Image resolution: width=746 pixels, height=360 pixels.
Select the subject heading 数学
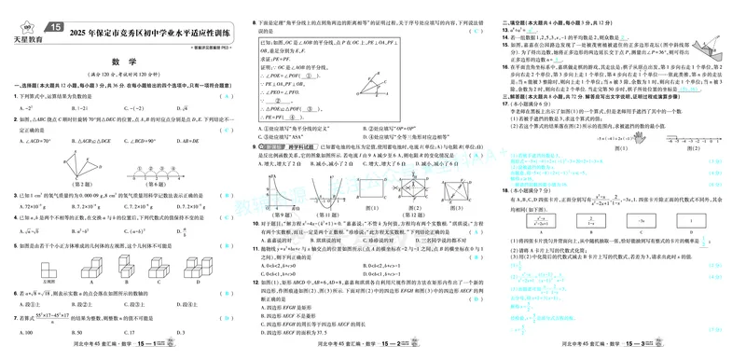(125, 63)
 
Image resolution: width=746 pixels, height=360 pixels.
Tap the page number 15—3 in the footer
(642, 353)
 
